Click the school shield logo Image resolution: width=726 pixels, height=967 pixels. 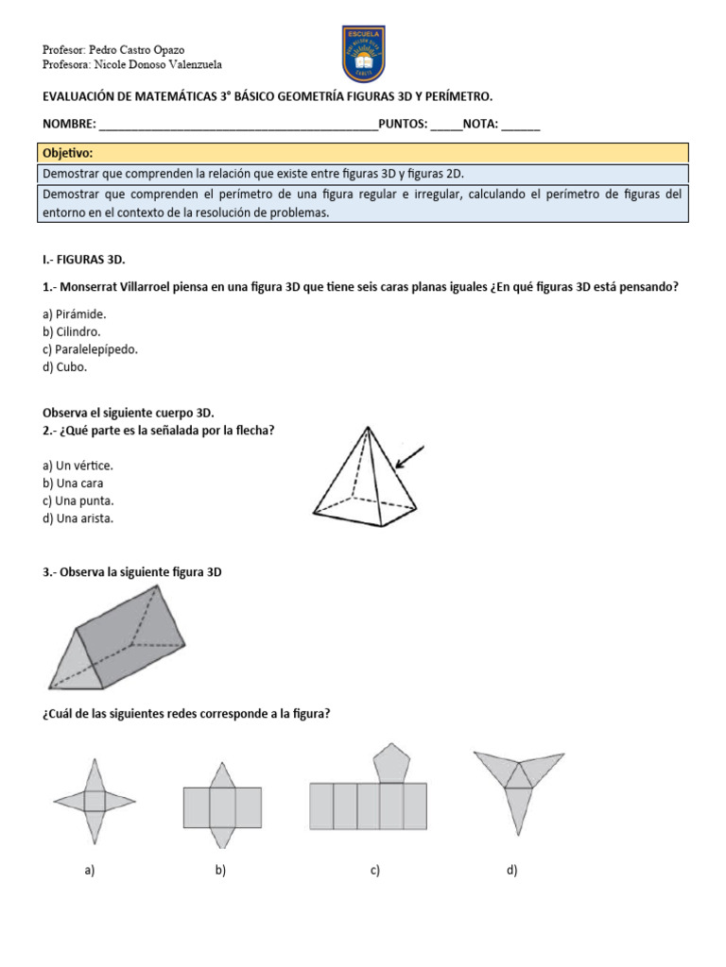pyautogui.click(x=363, y=54)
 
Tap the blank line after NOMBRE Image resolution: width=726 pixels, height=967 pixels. pyautogui.click(x=237, y=127)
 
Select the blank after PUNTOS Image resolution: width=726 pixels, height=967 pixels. pyautogui.click(x=446, y=127)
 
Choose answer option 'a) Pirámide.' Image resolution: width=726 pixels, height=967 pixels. pyautogui.click(x=75, y=314)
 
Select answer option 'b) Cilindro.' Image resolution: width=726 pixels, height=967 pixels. pyautogui.click(x=72, y=331)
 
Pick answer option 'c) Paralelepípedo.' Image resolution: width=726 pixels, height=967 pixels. pyautogui.click(x=91, y=349)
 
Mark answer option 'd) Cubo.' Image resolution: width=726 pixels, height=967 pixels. pyautogui.click(x=65, y=367)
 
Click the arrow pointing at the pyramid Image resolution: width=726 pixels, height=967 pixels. pyautogui.click(x=410, y=457)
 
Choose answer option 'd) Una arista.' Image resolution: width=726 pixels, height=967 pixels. pyautogui.click(x=78, y=518)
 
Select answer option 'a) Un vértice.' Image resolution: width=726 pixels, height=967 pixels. pyautogui.click(x=78, y=466)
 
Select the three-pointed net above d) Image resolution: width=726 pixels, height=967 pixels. pyautogui.click(x=517, y=784)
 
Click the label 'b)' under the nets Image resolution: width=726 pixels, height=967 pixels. pyautogui.click(x=220, y=871)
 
